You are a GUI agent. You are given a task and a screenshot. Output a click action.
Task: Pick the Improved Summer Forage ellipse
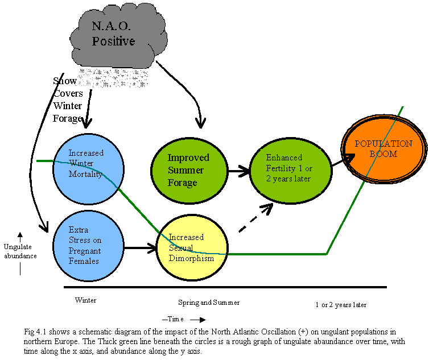tap(188, 169)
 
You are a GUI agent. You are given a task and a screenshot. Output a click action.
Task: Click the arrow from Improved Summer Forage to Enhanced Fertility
tap(239, 169)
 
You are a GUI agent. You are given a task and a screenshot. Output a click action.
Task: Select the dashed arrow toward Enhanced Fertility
tap(255, 217)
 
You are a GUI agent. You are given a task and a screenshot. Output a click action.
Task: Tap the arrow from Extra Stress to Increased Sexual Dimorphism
tap(140, 247)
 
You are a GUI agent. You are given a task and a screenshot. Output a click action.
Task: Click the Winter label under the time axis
tap(85, 300)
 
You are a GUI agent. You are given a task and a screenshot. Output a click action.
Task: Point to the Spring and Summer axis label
tap(209, 303)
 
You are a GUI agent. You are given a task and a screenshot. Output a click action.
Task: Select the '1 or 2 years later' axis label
tap(341, 305)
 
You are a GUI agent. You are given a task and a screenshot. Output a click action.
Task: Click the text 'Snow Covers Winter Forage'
tap(68, 100)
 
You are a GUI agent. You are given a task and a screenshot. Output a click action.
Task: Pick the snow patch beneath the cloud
tap(113, 77)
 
